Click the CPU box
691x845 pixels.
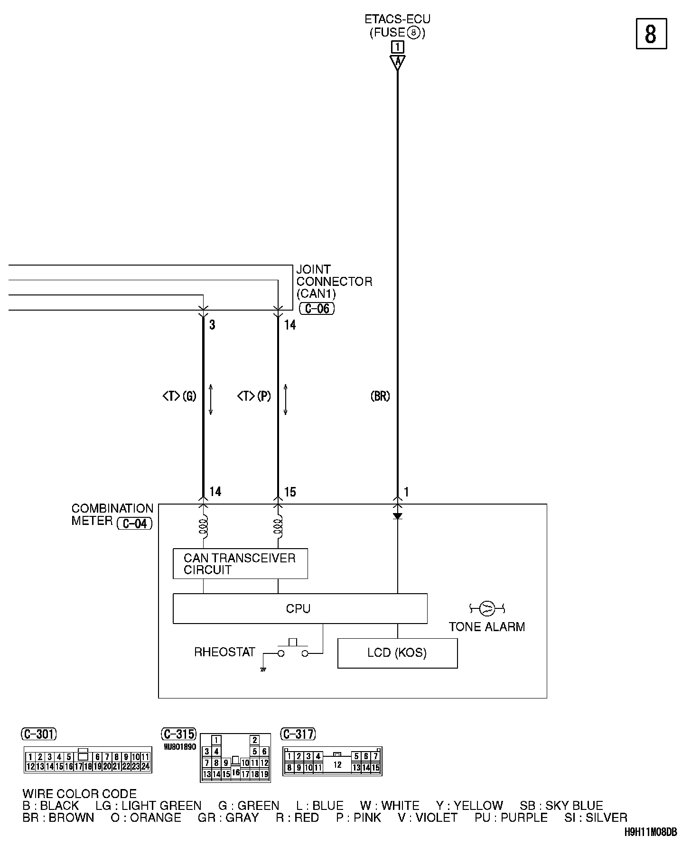(x=299, y=608)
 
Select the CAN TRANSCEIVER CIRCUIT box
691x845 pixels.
(x=240, y=564)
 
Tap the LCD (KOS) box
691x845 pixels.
(x=397, y=653)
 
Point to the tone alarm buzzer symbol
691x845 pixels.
(x=487, y=607)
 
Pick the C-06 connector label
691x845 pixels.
(x=317, y=309)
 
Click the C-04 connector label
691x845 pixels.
(x=135, y=524)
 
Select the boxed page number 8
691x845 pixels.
(x=651, y=34)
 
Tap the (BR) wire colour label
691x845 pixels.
(x=380, y=396)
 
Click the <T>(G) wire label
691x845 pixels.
(x=179, y=396)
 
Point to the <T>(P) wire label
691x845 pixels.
(x=254, y=396)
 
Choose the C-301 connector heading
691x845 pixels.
(x=39, y=734)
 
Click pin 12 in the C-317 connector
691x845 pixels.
(x=337, y=764)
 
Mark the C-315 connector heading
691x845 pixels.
(x=178, y=734)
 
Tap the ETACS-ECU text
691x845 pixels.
(x=397, y=19)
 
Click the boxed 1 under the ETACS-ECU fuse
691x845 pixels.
(x=397, y=47)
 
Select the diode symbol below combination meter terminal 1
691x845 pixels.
(x=398, y=516)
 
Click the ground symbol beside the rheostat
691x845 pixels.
(x=262, y=669)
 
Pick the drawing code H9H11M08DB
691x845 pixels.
(x=651, y=832)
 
